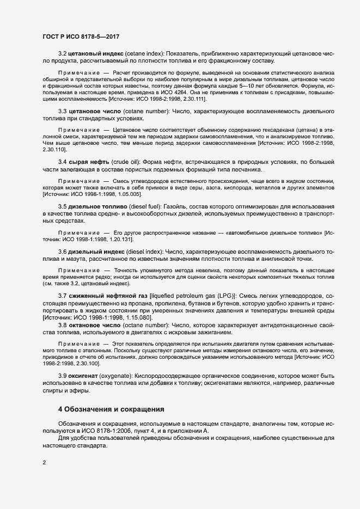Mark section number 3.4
(63, 162)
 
